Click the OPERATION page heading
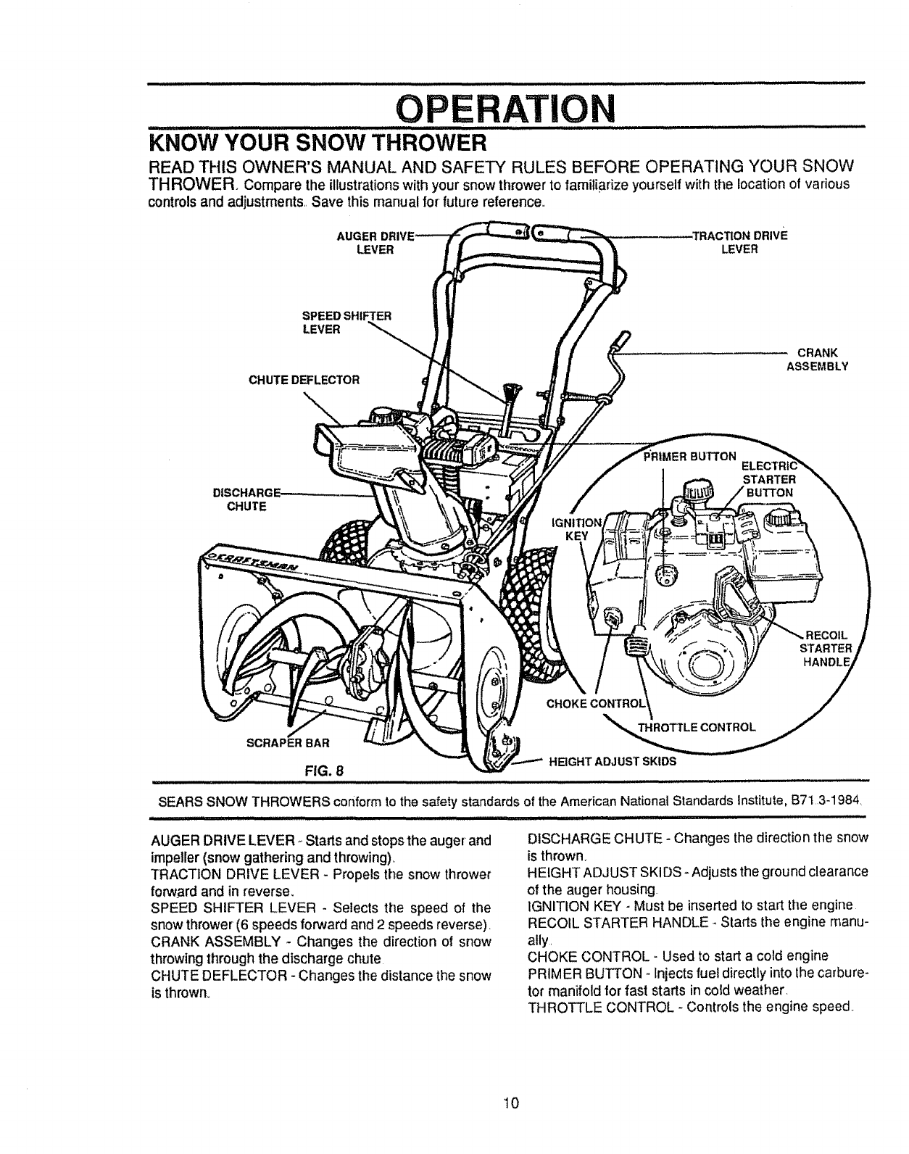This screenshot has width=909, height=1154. [x=505, y=110]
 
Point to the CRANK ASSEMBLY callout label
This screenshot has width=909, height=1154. [x=817, y=360]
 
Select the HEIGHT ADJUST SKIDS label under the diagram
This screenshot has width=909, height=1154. [x=613, y=761]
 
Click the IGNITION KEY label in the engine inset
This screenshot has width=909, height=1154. [x=578, y=530]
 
